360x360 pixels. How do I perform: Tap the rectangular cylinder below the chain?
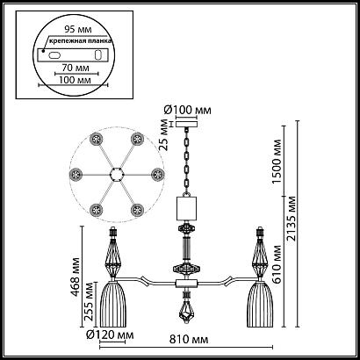point(187,208)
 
